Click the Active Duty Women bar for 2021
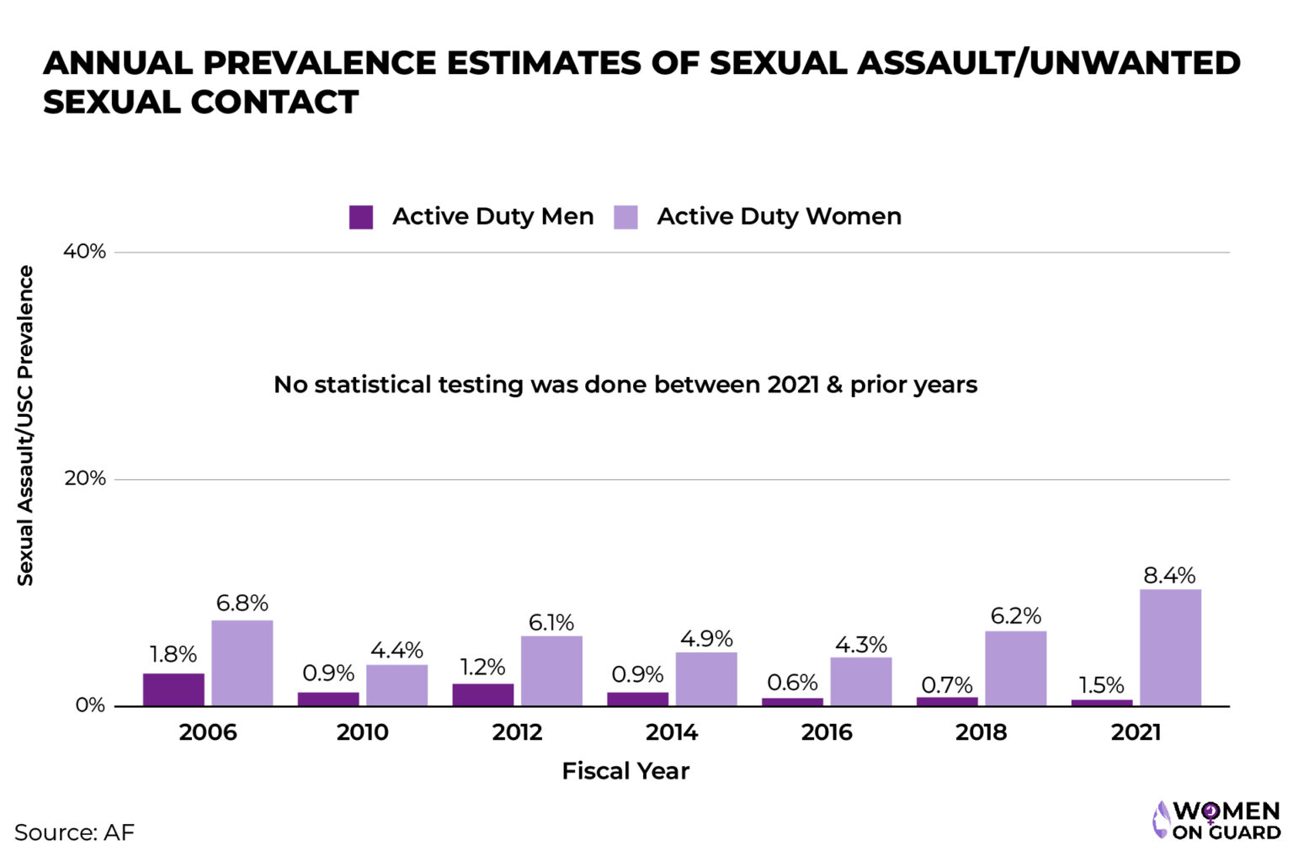click(x=1170, y=647)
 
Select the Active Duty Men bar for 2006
click(x=173, y=689)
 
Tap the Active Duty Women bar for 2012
click(x=551, y=671)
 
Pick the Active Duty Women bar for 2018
click(x=1015, y=668)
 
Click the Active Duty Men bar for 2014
click(x=637, y=699)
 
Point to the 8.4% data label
click(x=1169, y=576)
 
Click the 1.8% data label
click(x=173, y=654)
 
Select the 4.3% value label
click(x=860, y=645)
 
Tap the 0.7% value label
click(x=946, y=684)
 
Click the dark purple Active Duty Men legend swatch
click(x=361, y=217)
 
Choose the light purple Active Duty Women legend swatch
click(x=625, y=217)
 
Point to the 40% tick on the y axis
click(x=84, y=252)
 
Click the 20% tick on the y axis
click(x=85, y=478)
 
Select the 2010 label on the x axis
click(x=362, y=732)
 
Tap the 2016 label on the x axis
click(x=826, y=732)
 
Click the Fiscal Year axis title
click(x=625, y=771)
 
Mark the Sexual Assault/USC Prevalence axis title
click(x=25, y=425)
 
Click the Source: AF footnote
click(x=74, y=832)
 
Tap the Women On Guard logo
click(x=1216, y=821)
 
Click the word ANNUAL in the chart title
click(x=116, y=63)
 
